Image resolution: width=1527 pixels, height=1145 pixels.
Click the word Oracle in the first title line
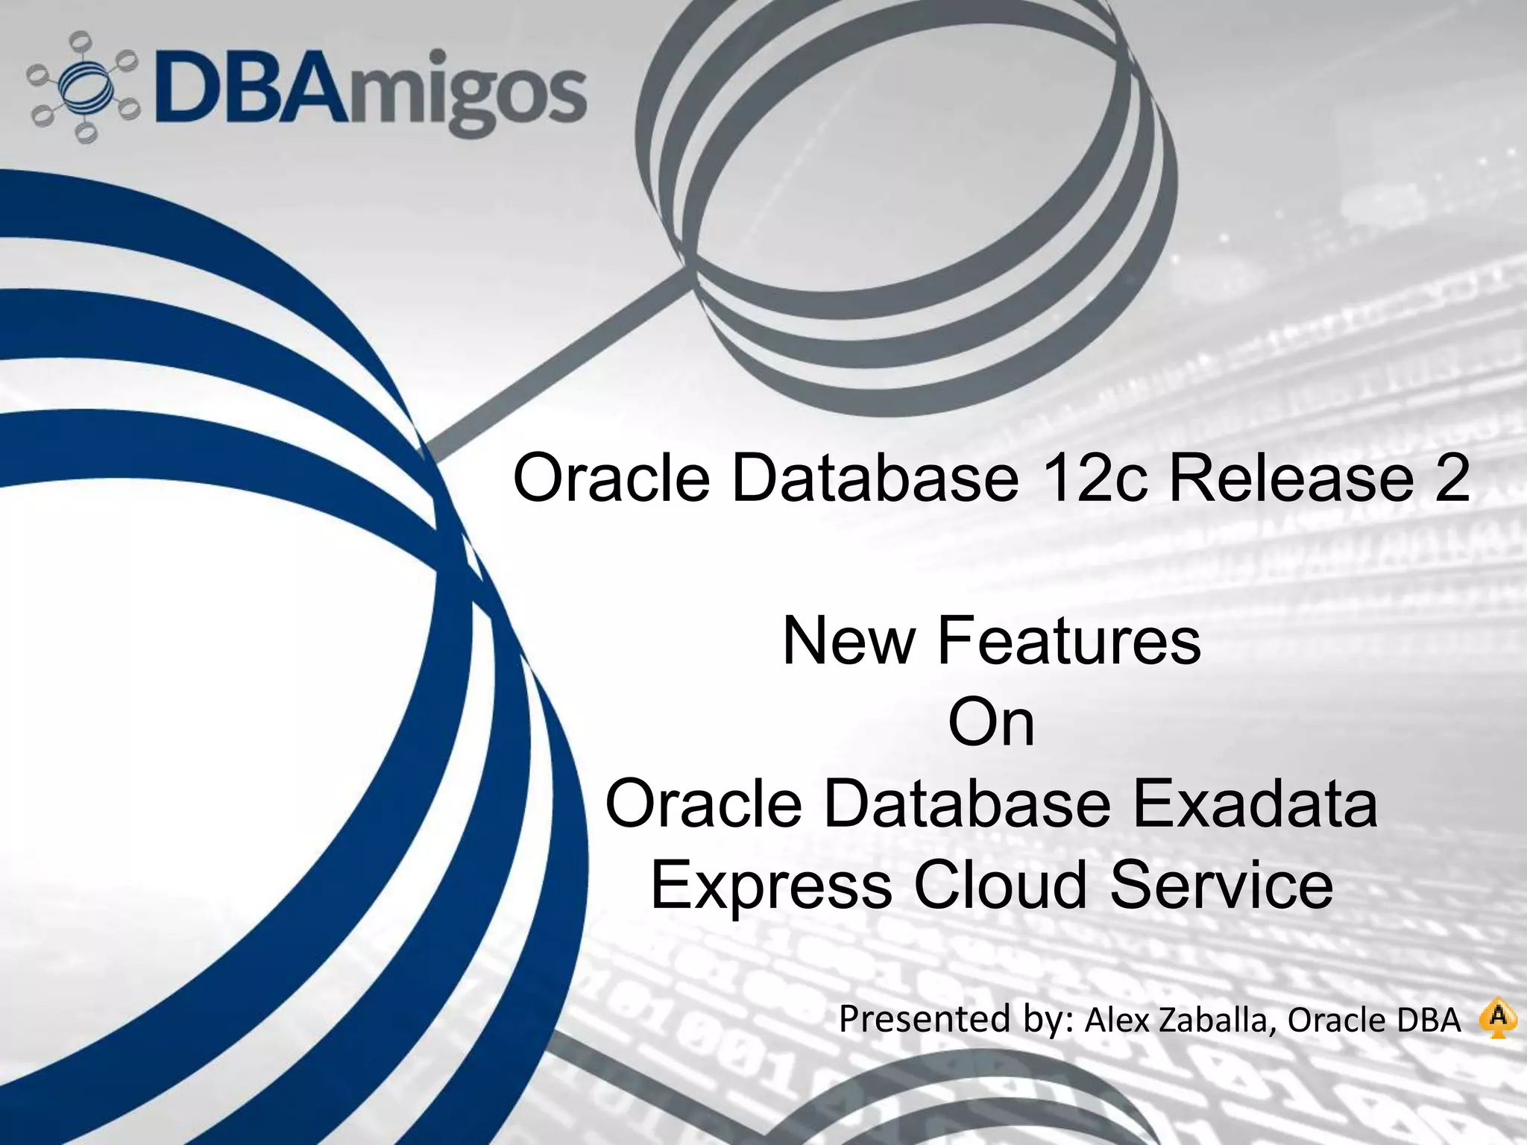(x=611, y=478)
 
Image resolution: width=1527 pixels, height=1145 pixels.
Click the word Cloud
(x=1001, y=885)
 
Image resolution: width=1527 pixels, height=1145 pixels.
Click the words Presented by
(x=955, y=1019)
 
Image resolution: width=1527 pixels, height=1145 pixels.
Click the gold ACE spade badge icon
(x=1498, y=1019)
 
